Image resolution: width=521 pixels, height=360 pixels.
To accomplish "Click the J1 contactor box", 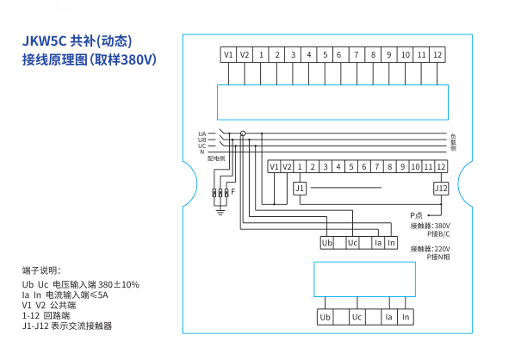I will tap(300, 188).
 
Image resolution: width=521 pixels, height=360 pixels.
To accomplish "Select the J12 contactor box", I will tap(440, 188).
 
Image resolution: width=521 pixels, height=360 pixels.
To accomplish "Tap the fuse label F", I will tap(232, 190).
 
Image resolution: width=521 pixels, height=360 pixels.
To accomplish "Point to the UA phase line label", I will tap(202, 133).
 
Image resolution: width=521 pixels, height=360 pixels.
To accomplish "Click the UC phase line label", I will tap(202, 146).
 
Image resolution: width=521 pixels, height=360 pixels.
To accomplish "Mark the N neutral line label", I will tap(202, 152).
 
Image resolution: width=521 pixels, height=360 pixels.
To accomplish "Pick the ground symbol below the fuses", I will tap(221, 211).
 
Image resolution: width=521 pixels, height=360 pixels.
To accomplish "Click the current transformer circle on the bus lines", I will tap(242, 133).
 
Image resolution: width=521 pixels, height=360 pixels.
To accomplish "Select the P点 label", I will tap(416, 214).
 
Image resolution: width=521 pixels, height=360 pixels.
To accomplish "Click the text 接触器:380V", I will tap(429, 226).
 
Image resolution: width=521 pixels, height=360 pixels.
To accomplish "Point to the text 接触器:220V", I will tap(429, 249).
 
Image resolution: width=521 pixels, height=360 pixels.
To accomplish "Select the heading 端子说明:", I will tap(42, 270).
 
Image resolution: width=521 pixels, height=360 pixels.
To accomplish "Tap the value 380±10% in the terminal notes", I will tap(118, 284).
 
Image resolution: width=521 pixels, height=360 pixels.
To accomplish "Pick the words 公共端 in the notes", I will tap(64, 305).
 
